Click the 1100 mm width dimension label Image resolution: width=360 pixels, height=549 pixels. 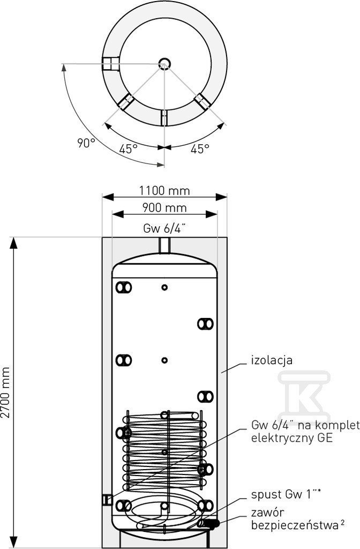point(164,191)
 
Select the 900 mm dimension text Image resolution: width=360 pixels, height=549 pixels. point(164,208)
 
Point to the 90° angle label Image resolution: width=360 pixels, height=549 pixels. point(86,143)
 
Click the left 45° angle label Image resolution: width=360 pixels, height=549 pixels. point(128,149)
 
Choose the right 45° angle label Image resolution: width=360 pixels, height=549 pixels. point(200,149)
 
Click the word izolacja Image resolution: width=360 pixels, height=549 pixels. point(272,360)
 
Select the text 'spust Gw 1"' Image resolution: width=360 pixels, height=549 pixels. point(284,495)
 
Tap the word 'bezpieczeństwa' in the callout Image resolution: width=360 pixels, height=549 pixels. point(294,525)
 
